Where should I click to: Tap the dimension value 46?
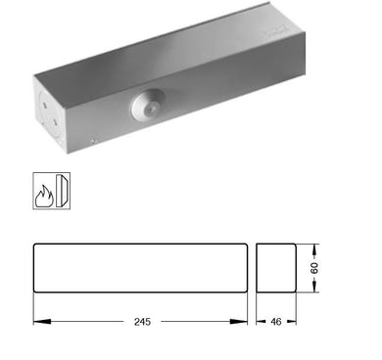click(277, 321)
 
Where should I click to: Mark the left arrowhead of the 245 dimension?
click(36, 320)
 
